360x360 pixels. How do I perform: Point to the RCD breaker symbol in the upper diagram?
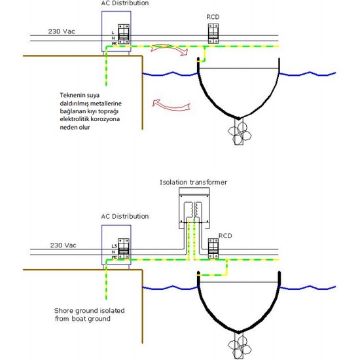pyautogui.click(x=212, y=34)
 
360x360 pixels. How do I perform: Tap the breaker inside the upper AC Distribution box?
pyautogui.click(x=122, y=34)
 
